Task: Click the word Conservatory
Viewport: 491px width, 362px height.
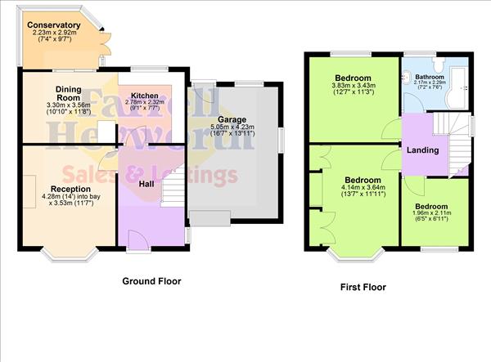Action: (54, 25)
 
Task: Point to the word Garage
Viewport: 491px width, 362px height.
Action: (232, 119)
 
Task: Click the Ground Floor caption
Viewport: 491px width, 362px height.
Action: (151, 281)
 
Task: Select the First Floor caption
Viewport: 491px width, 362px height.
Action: (363, 288)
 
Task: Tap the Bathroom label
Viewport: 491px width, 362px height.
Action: (431, 76)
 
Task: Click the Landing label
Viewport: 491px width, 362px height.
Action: (423, 150)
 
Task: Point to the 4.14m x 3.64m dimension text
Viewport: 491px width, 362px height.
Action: (362, 189)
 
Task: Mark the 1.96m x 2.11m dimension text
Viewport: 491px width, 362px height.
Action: (433, 215)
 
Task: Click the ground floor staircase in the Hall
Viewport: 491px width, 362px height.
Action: (172, 192)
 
